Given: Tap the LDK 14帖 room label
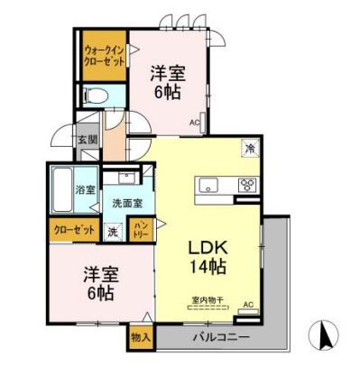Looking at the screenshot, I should pos(207,255).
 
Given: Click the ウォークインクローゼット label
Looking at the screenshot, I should pos(102,53).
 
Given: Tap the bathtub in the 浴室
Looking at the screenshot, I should pos(63,189).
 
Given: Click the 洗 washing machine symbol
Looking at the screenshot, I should pos(112,230).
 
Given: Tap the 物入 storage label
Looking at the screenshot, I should pos(140,336).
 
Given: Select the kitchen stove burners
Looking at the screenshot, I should pos(245,186).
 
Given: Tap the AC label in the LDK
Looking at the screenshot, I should pos(248,304).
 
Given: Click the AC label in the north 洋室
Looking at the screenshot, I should pos(194,122).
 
